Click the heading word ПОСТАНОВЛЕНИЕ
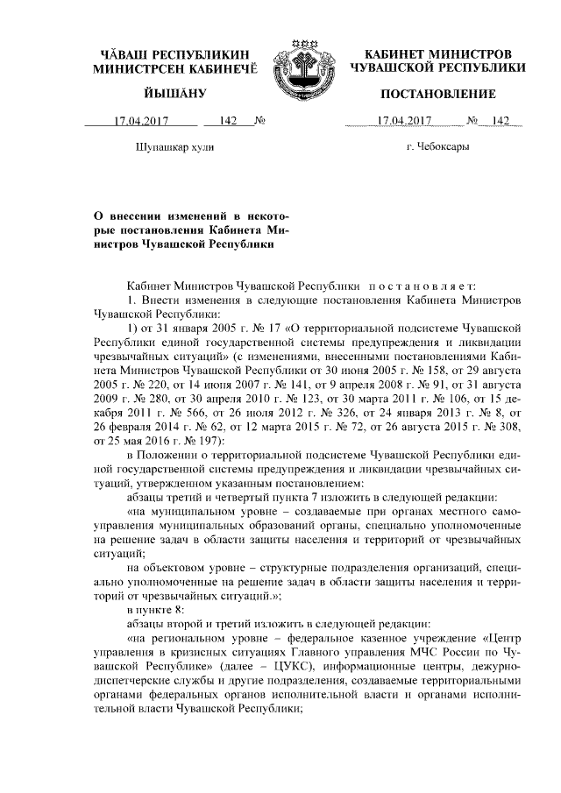(437, 94)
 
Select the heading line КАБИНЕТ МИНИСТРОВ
(437, 53)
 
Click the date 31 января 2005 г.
(190, 327)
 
